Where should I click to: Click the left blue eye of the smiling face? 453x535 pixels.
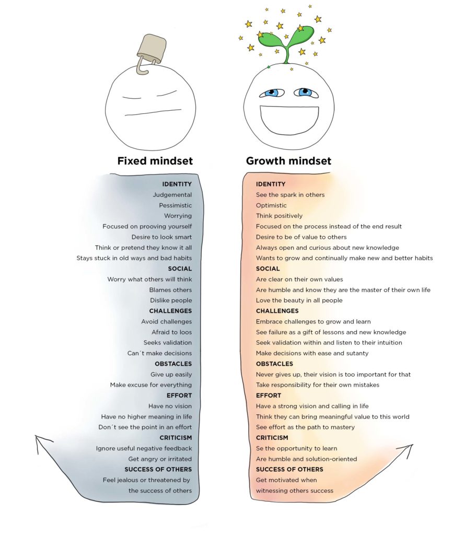point(272,93)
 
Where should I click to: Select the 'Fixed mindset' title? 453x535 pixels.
point(155,161)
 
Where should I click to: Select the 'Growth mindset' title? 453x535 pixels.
point(288,161)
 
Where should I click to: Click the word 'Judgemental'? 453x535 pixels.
point(172,195)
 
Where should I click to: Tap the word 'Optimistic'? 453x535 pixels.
point(271,205)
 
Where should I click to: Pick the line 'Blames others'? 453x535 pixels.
point(170,289)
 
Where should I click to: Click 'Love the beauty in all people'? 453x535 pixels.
point(299,300)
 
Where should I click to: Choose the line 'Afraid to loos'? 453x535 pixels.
point(171,332)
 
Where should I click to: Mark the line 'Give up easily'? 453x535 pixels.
point(171,374)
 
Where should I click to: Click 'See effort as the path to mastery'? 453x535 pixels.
point(305,427)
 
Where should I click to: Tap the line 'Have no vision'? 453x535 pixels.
point(170,406)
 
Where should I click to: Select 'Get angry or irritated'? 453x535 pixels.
point(160,459)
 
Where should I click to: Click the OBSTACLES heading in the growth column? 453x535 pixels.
point(274,364)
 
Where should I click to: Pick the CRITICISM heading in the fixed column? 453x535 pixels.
point(176,437)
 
